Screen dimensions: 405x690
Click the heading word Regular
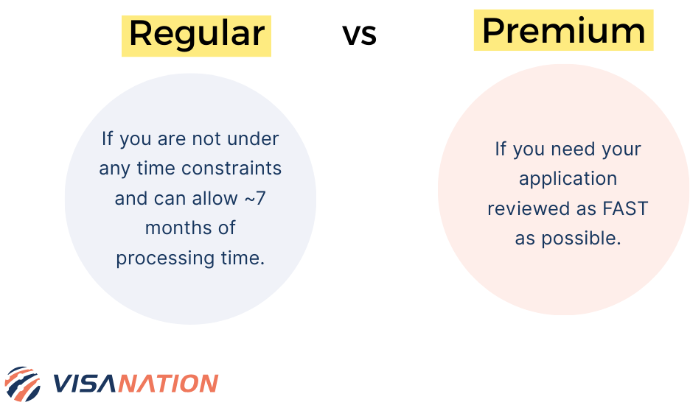(196, 34)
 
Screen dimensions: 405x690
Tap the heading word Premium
(563, 30)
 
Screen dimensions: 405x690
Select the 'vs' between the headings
(359, 34)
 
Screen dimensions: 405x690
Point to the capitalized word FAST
(625, 208)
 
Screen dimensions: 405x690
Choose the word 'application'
(568, 179)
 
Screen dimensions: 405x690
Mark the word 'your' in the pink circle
(621, 149)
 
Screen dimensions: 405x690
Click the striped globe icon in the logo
(23, 384)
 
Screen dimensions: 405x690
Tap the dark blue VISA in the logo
(86, 384)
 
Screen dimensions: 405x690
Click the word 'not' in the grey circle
(205, 138)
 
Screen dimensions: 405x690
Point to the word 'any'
(115, 169)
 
